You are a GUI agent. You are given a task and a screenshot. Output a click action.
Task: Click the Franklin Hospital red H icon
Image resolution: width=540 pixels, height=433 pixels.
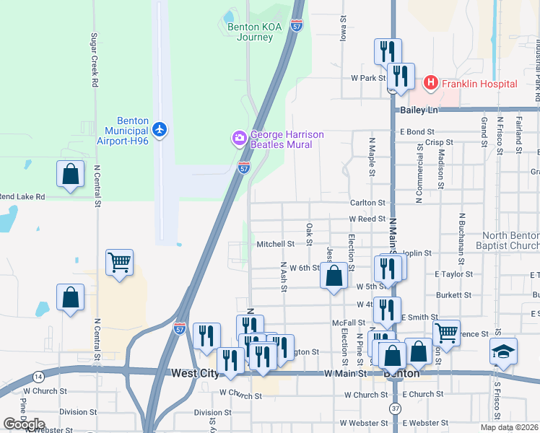(x=431, y=83)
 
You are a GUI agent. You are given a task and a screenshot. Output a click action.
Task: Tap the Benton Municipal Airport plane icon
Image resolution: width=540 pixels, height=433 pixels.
(x=160, y=130)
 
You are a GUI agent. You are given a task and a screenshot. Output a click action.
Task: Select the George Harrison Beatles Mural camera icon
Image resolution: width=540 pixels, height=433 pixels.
(x=239, y=137)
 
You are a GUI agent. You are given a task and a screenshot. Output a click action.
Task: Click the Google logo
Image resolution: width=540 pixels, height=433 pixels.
(x=24, y=424)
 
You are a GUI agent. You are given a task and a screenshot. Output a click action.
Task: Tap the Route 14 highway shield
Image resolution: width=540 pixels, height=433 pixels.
(x=38, y=377)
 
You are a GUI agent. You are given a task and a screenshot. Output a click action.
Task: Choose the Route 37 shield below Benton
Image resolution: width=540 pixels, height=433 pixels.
(x=395, y=408)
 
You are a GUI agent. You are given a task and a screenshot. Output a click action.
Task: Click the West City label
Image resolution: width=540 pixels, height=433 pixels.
(x=195, y=373)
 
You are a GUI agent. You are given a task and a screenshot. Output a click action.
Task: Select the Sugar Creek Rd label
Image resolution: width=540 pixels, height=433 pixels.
(x=94, y=59)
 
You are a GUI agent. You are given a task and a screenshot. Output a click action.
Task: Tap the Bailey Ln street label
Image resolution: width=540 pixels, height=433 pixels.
(x=419, y=110)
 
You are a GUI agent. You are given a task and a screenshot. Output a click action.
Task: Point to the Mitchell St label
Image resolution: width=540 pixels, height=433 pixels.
(x=275, y=244)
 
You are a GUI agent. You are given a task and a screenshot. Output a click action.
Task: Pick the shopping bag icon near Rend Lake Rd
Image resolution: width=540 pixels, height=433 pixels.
(x=70, y=173)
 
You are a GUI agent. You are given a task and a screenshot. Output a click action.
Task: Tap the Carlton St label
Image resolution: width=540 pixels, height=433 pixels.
(x=368, y=204)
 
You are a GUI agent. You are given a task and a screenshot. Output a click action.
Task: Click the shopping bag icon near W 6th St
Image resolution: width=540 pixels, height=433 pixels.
(x=334, y=275)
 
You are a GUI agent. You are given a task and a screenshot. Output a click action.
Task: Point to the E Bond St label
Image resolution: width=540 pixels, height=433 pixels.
(x=418, y=132)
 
